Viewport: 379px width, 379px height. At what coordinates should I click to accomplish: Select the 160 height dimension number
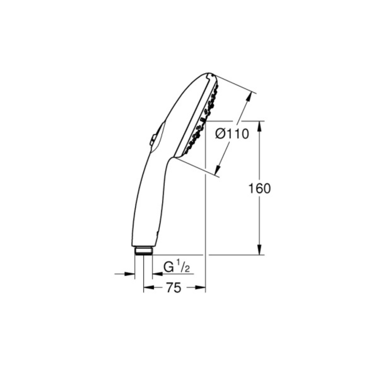click(x=260, y=188)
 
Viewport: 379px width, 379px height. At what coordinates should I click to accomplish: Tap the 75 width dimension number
click(x=174, y=288)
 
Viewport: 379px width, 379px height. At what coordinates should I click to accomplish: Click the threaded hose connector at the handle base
click(x=144, y=251)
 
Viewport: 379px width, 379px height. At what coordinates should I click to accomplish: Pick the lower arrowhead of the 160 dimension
click(x=260, y=250)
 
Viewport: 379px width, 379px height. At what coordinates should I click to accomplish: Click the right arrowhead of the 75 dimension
click(x=200, y=287)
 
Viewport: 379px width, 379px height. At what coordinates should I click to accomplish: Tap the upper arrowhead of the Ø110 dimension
click(x=250, y=97)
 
